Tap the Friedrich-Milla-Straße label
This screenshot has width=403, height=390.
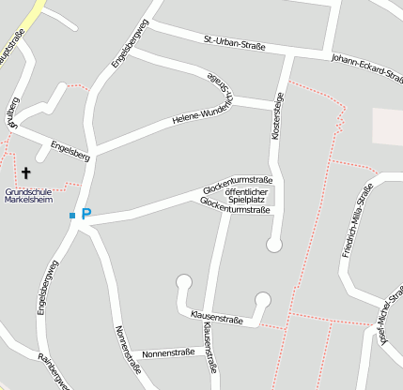351,221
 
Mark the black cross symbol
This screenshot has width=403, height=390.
26,173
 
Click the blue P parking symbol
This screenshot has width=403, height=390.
85,215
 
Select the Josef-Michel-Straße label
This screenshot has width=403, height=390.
385,327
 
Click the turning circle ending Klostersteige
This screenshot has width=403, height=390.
273,245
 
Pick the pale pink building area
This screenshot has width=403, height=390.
387,127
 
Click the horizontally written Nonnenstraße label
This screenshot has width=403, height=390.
168,353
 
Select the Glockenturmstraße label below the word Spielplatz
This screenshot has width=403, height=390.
236,209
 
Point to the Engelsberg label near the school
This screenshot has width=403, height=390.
70,151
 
